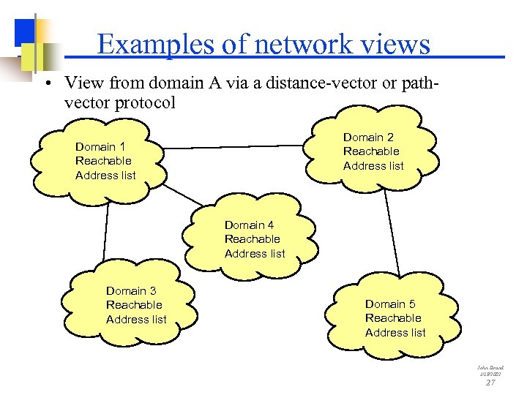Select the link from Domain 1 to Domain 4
tap(182, 194)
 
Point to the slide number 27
tap(490, 382)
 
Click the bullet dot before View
tap(46, 83)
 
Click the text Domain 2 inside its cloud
tap(368, 138)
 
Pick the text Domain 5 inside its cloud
tap(390, 304)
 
